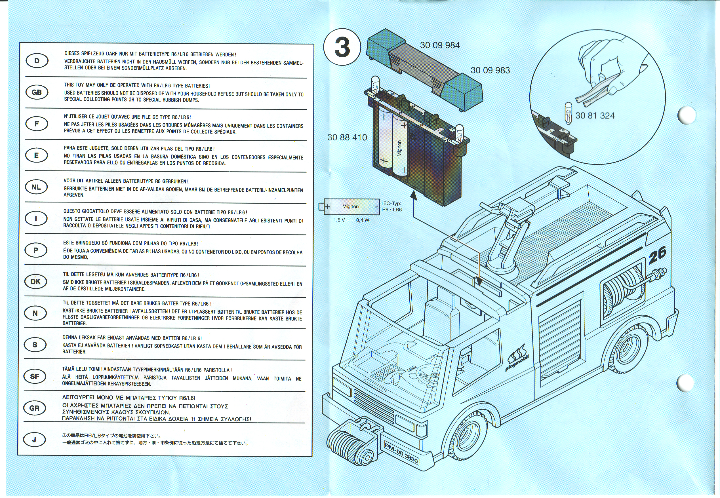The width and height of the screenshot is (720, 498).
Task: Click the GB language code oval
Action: pyautogui.click(x=37, y=92)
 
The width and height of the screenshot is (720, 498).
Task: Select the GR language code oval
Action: pyautogui.click(x=34, y=408)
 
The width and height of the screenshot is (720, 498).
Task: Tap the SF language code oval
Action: pyautogui.click(x=35, y=376)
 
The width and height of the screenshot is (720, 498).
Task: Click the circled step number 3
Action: pyautogui.click(x=342, y=48)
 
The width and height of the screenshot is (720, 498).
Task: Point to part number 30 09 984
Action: pyautogui.click(x=440, y=46)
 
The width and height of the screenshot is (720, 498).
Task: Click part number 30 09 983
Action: pyautogui.click(x=490, y=71)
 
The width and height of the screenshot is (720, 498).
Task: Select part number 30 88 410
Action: pyautogui.click(x=347, y=137)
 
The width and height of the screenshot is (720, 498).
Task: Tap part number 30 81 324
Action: pyautogui.click(x=595, y=116)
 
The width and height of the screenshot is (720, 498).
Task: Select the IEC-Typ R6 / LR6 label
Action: pyautogui.click(x=392, y=206)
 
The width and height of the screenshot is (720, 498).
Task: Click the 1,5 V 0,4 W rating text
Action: pyautogui.click(x=351, y=220)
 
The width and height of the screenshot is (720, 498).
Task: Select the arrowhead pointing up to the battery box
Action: pyautogui.click(x=414, y=196)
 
